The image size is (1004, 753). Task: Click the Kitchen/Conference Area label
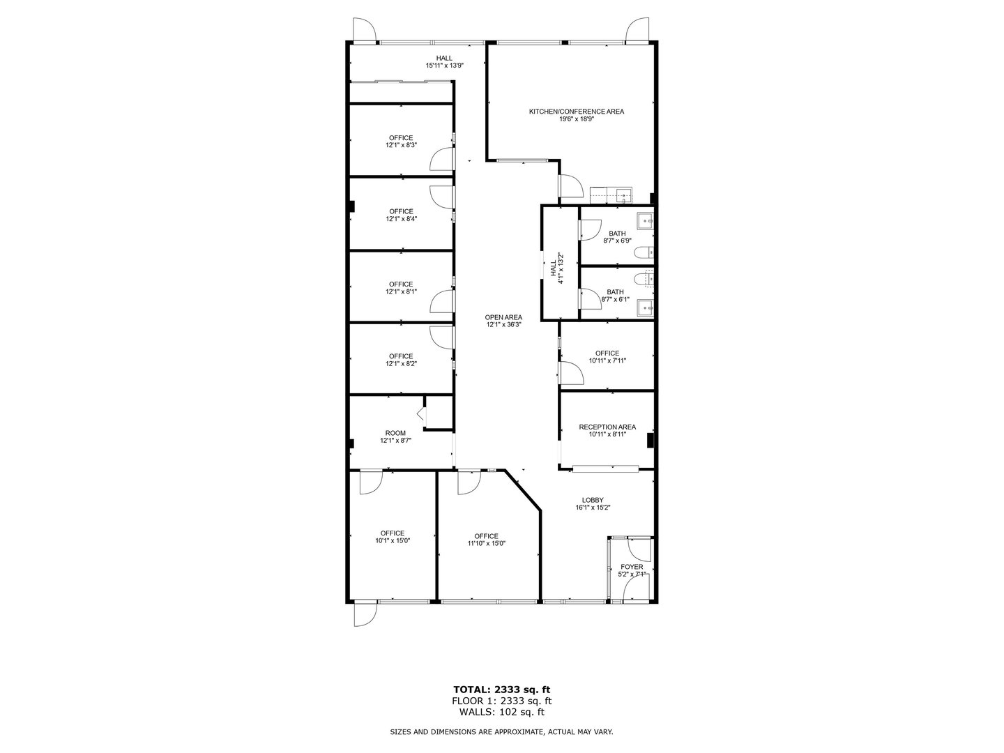tap(576, 112)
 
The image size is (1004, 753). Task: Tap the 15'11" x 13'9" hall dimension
tap(444, 66)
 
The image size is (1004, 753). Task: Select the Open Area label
tap(503, 317)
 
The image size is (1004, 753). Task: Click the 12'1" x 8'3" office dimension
tap(401, 146)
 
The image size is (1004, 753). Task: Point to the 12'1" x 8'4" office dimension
tap(401, 219)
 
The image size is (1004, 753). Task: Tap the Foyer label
tap(632, 567)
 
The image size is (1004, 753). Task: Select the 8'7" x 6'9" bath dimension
tap(616, 241)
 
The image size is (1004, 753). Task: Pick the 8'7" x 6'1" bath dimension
tap(616, 300)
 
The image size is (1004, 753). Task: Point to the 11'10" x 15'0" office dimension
tap(486, 544)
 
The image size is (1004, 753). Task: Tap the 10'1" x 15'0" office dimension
tap(393, 541)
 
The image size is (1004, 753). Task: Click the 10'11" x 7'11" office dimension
tap(607, 361)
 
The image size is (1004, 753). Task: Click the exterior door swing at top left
tap(364, 30)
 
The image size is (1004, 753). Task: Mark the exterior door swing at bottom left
tap(364, 614)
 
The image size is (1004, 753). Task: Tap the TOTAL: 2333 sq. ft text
tap(502, 690)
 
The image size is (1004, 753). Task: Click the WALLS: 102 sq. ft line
tap(502, 712)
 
